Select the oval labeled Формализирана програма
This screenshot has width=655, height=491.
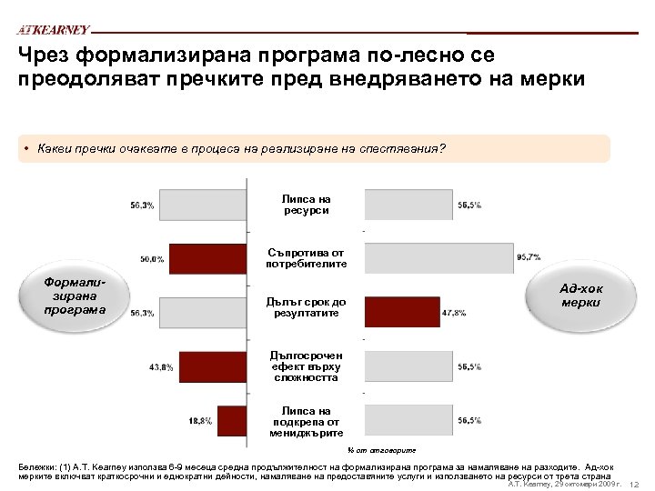tap(75, 295)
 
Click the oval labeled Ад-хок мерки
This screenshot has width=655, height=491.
tap(580, 295)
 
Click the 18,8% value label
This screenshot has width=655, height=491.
tap(200, 420)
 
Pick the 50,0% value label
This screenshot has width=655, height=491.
tap(151, 258)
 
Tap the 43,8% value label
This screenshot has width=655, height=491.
tap(162, 366)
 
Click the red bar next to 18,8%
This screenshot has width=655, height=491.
tap(233, 420)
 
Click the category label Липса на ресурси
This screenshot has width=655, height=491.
tap(306, 205)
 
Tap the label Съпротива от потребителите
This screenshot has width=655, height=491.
tap(306, 257)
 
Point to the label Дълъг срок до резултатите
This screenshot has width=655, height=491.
tap(306, 306)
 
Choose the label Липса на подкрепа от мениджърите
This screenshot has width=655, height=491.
tap(306, 421)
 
